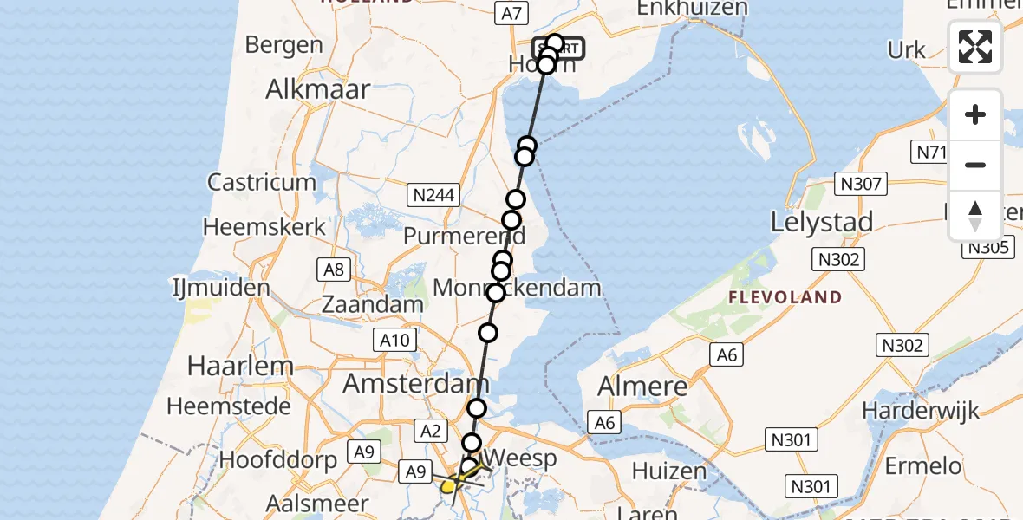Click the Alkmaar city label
coord(318,88)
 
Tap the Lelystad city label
coord(821,223)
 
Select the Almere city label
coord(642,386)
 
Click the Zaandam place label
coord(372,304)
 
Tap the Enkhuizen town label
coord(691,9)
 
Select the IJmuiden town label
coord(221,287)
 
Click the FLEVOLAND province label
coord(785,297)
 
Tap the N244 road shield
coord(433,195)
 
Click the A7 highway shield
coord(511,13)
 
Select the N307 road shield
coord(860,184)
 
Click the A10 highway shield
coord(394,341)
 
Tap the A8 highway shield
coord(334,270)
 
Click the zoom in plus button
coord(975,114)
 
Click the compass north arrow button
coord(975,214)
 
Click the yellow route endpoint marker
coord(448,486)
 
